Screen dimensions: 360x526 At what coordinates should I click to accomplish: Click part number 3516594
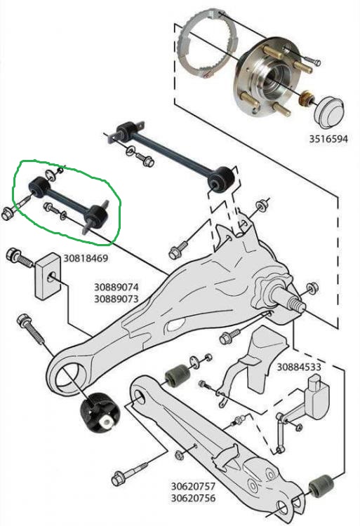[328, 139]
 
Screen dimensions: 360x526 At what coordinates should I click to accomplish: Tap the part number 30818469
[86, 258]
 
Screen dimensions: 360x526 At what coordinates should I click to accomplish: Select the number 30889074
[116, 287]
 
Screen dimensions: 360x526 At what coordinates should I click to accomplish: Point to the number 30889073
[116, 299]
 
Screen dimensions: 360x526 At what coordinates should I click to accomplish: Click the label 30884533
[299, 367]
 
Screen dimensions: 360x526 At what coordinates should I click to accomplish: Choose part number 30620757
[193, 486]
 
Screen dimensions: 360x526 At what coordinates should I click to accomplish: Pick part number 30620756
[193, 498]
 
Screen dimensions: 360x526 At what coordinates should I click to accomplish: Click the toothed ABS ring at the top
[207, 43]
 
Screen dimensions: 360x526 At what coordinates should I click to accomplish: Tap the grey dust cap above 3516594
[329, 113]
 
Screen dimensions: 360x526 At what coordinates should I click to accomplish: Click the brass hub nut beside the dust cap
[305, 99]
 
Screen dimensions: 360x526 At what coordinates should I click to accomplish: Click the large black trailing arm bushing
[100, 413]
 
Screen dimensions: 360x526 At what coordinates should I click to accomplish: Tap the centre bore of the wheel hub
[274, 80]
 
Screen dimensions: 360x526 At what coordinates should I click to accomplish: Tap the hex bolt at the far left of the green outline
[8, 213]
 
